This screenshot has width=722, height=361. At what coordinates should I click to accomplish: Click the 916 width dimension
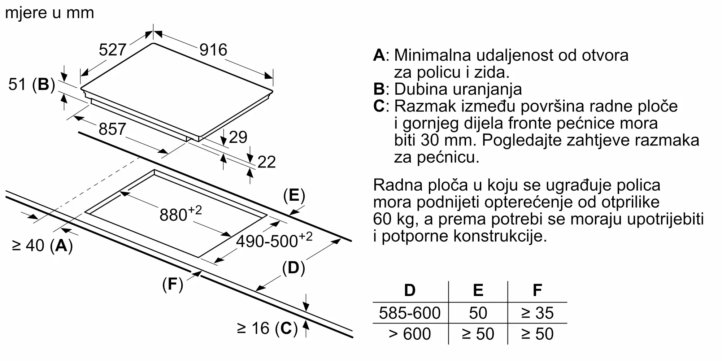[x=213, y=50]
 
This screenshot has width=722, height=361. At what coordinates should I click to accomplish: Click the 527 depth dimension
[x=112, y=50]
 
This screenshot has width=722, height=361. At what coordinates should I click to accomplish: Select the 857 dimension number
[x=112, y=129]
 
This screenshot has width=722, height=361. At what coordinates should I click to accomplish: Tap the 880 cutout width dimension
[x=180, y=214]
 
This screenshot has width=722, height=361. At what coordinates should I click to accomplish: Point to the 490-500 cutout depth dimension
[x=274, y=240]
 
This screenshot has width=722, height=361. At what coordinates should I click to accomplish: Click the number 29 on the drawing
[x=238, y=138]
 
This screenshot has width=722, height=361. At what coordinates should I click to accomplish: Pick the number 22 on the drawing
[x=266, y=162]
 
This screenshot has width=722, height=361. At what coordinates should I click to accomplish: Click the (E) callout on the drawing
[x=294, y=195]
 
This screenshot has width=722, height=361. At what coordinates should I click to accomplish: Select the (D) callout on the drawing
[x=293, y=268]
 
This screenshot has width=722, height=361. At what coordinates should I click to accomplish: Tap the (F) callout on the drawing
[x=173, y=284]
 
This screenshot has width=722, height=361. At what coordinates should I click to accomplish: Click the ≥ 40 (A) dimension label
[x=43, y=246]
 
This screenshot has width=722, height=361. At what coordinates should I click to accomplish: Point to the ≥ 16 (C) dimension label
[x=267, y=329]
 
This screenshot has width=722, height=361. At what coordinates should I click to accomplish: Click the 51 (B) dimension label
[x=32, y=85]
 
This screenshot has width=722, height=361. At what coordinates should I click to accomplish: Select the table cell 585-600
[x=410, y=313]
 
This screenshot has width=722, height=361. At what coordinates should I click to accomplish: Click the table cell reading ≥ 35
[x=537, y=313]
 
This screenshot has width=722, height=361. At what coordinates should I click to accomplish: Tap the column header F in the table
[x=537, y=290]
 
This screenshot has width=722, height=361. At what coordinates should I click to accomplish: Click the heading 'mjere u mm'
[x=49, y=13]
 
